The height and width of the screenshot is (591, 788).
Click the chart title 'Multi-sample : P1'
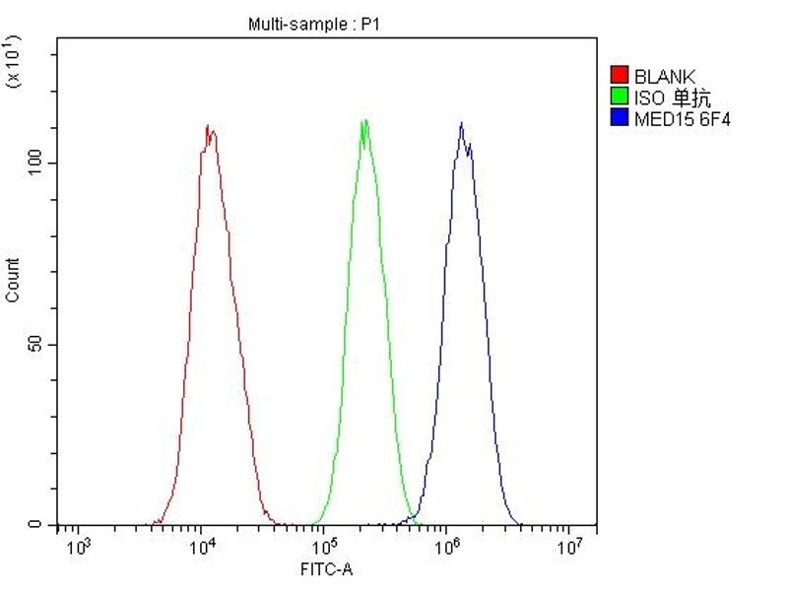pos(312,24)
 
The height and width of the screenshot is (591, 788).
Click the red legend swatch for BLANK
pos(620,76)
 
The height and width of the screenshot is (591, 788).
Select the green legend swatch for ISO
pos(620,98)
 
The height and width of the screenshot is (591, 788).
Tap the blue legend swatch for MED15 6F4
pos(620,119)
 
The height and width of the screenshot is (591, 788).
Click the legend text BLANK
pos(664,76)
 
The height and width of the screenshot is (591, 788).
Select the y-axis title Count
pos(13,281)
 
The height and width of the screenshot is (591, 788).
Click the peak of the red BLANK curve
pos(208,126)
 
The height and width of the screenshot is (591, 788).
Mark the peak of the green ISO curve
pos(365,121)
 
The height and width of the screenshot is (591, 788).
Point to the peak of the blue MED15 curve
pos(460,124)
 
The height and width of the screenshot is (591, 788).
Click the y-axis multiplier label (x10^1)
pos(14,61)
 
